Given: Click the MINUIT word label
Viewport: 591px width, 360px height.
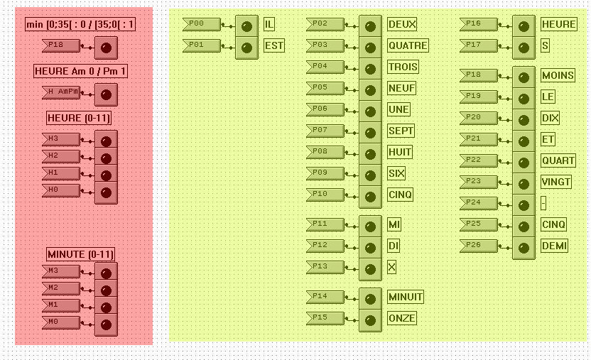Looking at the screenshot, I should [406, 297].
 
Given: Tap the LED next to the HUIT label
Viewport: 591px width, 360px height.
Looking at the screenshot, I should [370, 153].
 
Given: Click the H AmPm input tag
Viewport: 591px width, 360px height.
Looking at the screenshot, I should [60, 92].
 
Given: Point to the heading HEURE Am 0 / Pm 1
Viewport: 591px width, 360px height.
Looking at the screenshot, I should [80, 71].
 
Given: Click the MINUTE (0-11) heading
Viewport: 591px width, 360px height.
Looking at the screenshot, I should [80, 254].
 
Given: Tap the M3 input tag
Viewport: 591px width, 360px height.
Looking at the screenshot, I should [60, 271].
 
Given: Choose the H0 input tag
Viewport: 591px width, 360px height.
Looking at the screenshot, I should [60, 190].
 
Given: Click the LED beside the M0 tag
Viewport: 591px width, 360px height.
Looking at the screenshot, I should [106, 324].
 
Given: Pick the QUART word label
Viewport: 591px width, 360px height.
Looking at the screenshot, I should [558, 160].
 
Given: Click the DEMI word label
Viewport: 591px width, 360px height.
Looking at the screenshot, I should [554, 246].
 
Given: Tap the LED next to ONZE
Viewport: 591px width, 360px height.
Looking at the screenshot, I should [370, 320].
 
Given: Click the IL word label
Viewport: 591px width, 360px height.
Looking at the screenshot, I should [269, 24].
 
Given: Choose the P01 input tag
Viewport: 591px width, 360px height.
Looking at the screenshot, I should [201, 45].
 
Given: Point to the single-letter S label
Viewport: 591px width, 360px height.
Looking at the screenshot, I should [545, 45].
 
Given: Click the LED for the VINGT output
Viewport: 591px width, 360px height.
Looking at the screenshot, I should [524, 183].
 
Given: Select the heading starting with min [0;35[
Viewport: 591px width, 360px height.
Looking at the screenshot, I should [80, 25].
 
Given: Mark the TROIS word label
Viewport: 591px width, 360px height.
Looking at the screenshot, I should [403, 67].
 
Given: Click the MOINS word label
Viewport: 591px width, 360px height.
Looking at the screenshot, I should [558, 75].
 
